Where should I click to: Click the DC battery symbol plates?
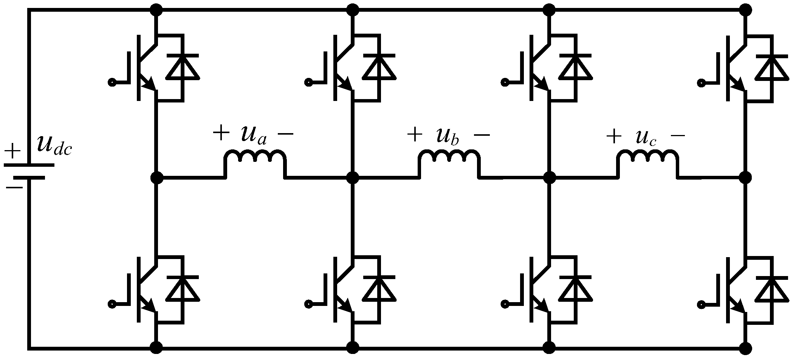coord(29,171)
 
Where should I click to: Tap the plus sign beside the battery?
coord(14,151)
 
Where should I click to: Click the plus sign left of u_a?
coord(221,133)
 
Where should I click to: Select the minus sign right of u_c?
coord(677,136)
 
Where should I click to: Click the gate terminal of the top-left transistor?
coord(112,82)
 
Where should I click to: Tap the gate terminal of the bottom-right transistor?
coord(701,304)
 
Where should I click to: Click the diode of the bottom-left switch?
coord(183,289)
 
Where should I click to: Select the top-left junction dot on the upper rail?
coord(156,10)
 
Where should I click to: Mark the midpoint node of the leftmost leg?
coord(156,177)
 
